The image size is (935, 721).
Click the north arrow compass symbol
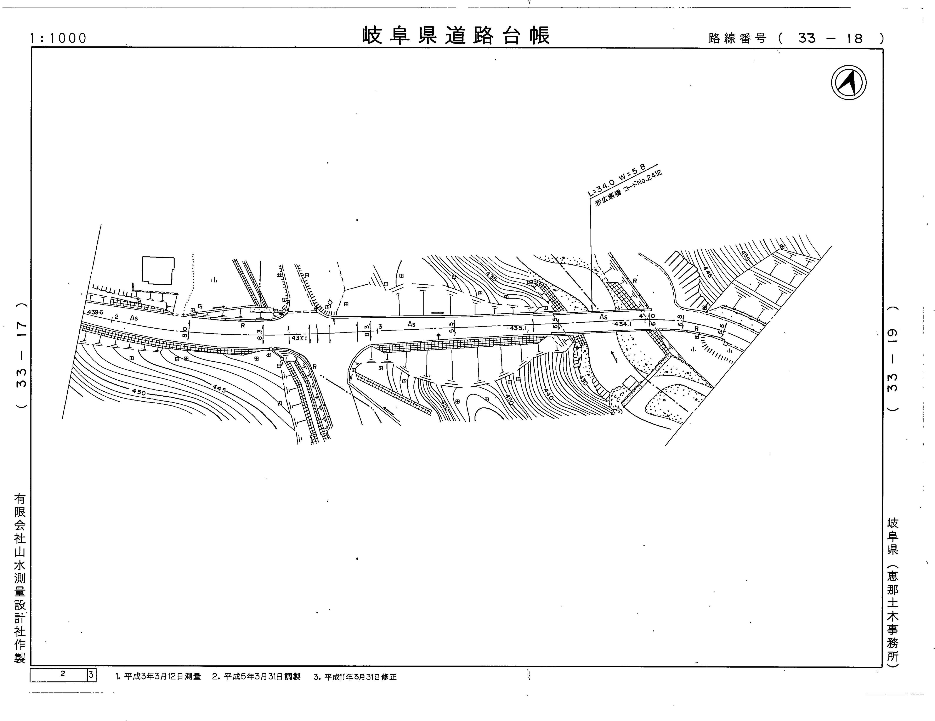(848, 83)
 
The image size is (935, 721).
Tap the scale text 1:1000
(58, 38)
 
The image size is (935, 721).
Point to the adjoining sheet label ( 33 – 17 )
(21, 355)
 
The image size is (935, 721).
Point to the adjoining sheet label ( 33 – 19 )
(893, 359)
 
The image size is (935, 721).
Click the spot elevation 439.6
(95, 312)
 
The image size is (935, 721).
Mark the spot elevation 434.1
(622, 324)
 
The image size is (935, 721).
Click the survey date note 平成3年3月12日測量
(158, 677)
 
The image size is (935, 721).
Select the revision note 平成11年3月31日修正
(355, 677)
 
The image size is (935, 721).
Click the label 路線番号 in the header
(737, 38)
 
